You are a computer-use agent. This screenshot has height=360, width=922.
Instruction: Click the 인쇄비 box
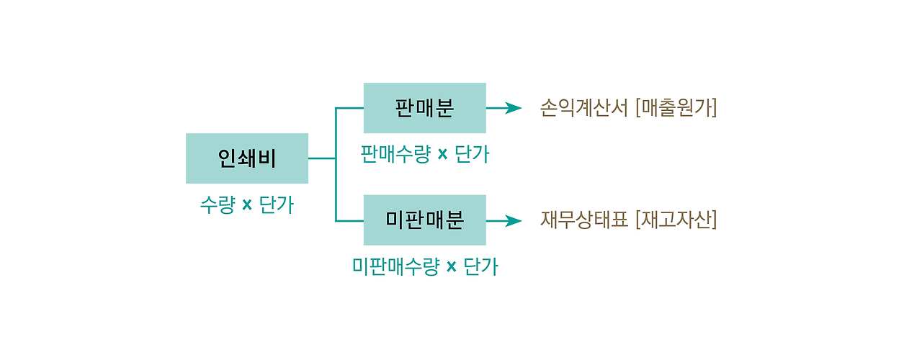point(247,158)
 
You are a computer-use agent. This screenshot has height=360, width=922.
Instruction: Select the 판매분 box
point(424,108)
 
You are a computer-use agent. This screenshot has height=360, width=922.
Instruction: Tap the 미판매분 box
point(424,220)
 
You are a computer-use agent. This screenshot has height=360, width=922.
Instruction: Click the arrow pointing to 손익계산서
point(504,108)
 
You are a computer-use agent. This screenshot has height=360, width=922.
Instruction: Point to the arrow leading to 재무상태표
point(504,220)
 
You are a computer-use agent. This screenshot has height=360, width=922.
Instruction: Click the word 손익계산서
point(584,108)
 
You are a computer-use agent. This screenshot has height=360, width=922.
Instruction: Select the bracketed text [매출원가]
point(676,108)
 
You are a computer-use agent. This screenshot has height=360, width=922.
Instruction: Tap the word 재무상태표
point(584,220)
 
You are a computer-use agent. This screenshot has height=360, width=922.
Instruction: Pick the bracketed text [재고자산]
point(676,220)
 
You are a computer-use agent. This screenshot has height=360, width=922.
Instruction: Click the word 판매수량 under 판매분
point(395,154)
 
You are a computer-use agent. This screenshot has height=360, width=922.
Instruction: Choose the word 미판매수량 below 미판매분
point(395,266)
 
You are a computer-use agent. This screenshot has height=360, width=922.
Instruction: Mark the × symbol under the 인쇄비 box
point(246,205)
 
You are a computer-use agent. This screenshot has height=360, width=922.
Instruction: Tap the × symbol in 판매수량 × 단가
point(442,155)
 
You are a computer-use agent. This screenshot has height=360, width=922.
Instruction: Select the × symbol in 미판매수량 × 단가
point(452,267)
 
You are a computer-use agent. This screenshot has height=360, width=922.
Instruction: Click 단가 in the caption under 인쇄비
point(277,204)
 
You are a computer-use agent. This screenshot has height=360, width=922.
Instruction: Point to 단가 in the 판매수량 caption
point(472,154)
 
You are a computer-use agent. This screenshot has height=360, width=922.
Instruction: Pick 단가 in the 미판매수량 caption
point(481,266)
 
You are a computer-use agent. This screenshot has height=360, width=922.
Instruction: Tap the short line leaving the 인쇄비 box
point(321,158)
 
